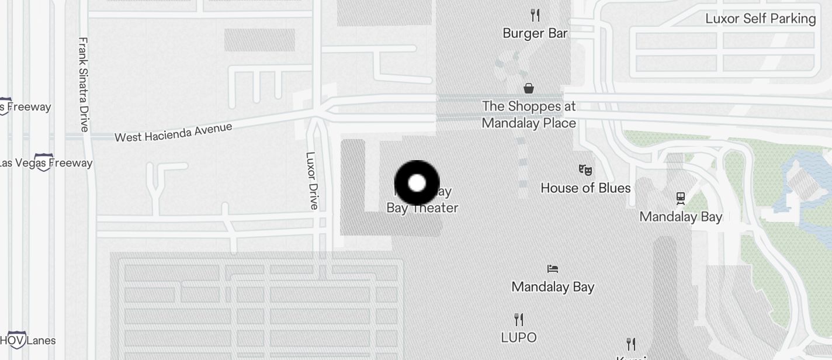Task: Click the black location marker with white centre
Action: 417,183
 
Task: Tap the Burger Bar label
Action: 535,33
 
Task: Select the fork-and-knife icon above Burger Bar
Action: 535,15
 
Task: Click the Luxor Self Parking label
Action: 760,18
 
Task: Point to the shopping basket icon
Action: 529,88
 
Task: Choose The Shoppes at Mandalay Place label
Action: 529,115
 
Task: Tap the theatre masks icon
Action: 585,169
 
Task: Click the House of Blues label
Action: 585,188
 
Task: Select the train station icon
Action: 681,198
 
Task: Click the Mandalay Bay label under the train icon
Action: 681,217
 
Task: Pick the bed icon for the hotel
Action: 553,269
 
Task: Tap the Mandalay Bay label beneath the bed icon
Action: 553,287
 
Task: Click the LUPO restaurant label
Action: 519,337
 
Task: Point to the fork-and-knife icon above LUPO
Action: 519,319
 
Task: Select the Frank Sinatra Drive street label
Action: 84,84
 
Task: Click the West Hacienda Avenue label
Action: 173,132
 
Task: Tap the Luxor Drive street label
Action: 312,181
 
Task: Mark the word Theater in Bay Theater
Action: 436,207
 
